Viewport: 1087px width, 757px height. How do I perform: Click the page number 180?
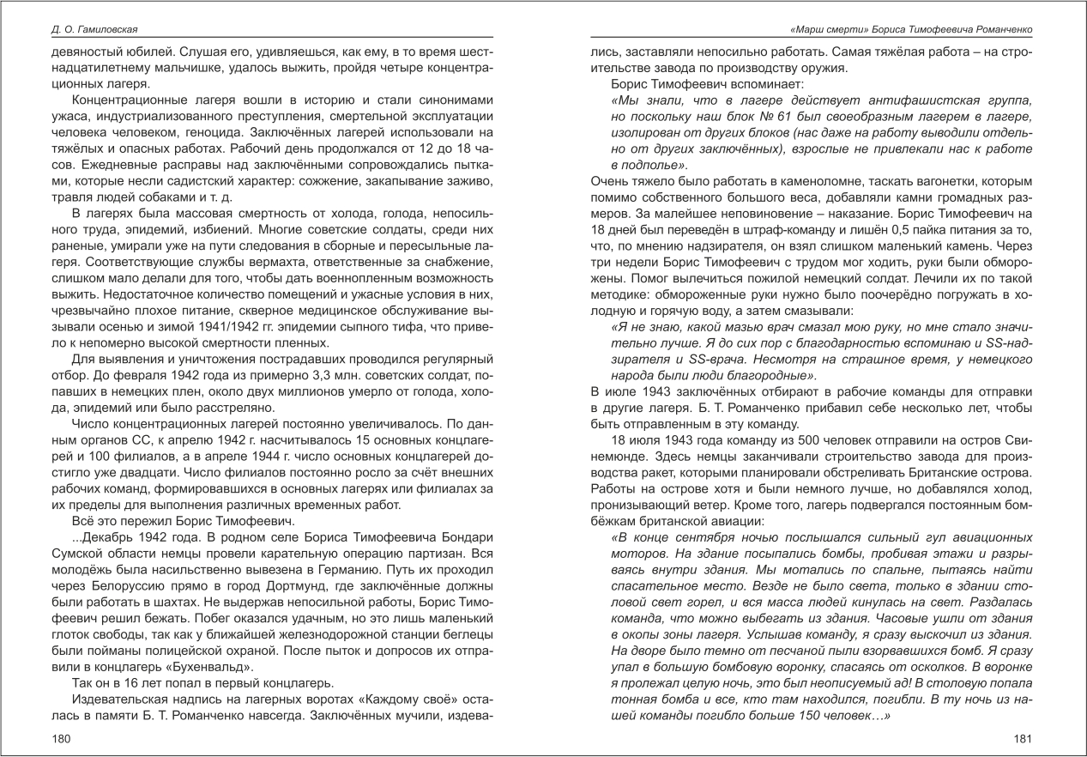(x=62, y=737)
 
